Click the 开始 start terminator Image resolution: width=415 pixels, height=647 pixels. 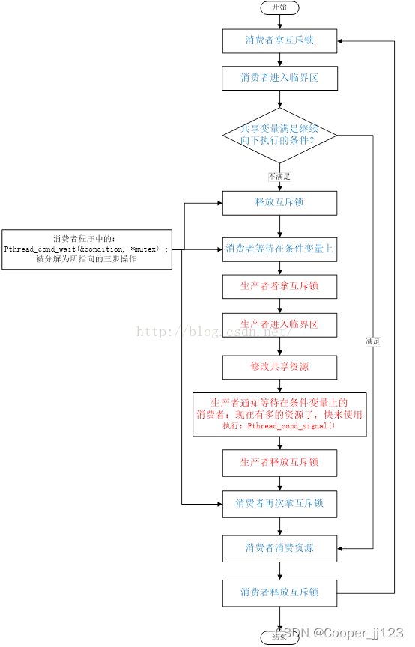pyautogui.click(x=279, y=7)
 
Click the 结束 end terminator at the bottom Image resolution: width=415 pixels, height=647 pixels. pyautogui.click(x=279, y=638)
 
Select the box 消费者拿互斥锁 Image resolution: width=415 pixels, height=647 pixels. pyautogui.click(x=279, y=40)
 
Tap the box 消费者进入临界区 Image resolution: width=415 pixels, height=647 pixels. pyautogui.click(x=279, y=78)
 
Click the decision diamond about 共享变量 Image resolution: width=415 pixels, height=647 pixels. pyautogui.click(x=279, y=135)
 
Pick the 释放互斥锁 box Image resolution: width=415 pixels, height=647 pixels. pyautogui.click(x=279, y=203)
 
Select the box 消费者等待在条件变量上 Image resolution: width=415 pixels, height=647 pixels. pyautogui.click(x=279, y=249)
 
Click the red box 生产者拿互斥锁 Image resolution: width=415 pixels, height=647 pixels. pyautogui.click(x=279, y=286)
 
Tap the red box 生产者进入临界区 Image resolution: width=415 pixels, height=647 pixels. pyautogui.click(x=279, y=325)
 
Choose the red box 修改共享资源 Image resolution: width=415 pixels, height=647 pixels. pyautogui.click(x=279, y=368)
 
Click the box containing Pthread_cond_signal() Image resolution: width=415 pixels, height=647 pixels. pyautogui.click(x=279, y=414)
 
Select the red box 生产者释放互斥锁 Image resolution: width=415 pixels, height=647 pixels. pyautogui.click(x=279, y=462)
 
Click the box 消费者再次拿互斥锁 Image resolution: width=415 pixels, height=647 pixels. pyautogui.click(x=279, y=503)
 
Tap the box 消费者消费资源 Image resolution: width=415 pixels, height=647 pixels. pyautogui.click(x=279, y=548)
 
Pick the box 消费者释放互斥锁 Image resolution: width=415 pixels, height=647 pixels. pyautogui.click(x=279, y=592)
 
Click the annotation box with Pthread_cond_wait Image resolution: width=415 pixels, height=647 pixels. pyautogui.click(x=87, y=249)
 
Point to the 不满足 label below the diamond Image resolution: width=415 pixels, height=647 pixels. pyautogui.click(x=279, y=176)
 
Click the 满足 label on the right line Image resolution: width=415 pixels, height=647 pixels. pyautogui.click(x=372, y=341)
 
